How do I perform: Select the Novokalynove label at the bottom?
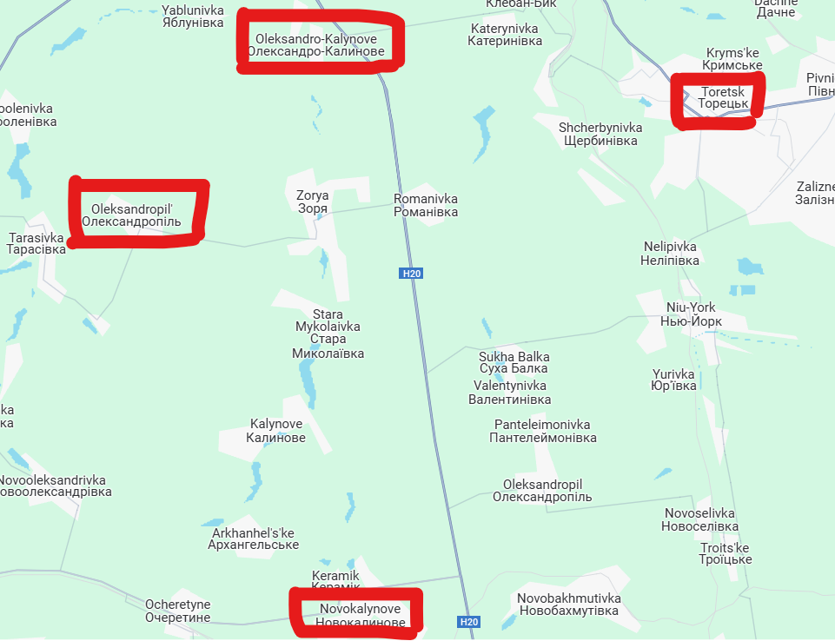360,615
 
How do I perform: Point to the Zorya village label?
312,202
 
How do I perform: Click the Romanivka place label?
426,205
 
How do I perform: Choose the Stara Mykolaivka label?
328,334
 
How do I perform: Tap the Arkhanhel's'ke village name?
253,539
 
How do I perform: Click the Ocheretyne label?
177,611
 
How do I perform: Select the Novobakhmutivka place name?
568,605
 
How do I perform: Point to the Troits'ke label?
726,553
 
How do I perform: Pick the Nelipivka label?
670,253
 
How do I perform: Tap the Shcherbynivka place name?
600,134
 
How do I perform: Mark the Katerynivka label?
504,35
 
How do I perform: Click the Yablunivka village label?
193,17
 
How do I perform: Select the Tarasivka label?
36,243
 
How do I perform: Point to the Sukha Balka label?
514,362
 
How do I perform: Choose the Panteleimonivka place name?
543,431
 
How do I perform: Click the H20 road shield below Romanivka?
412,274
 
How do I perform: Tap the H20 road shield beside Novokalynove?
469,622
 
